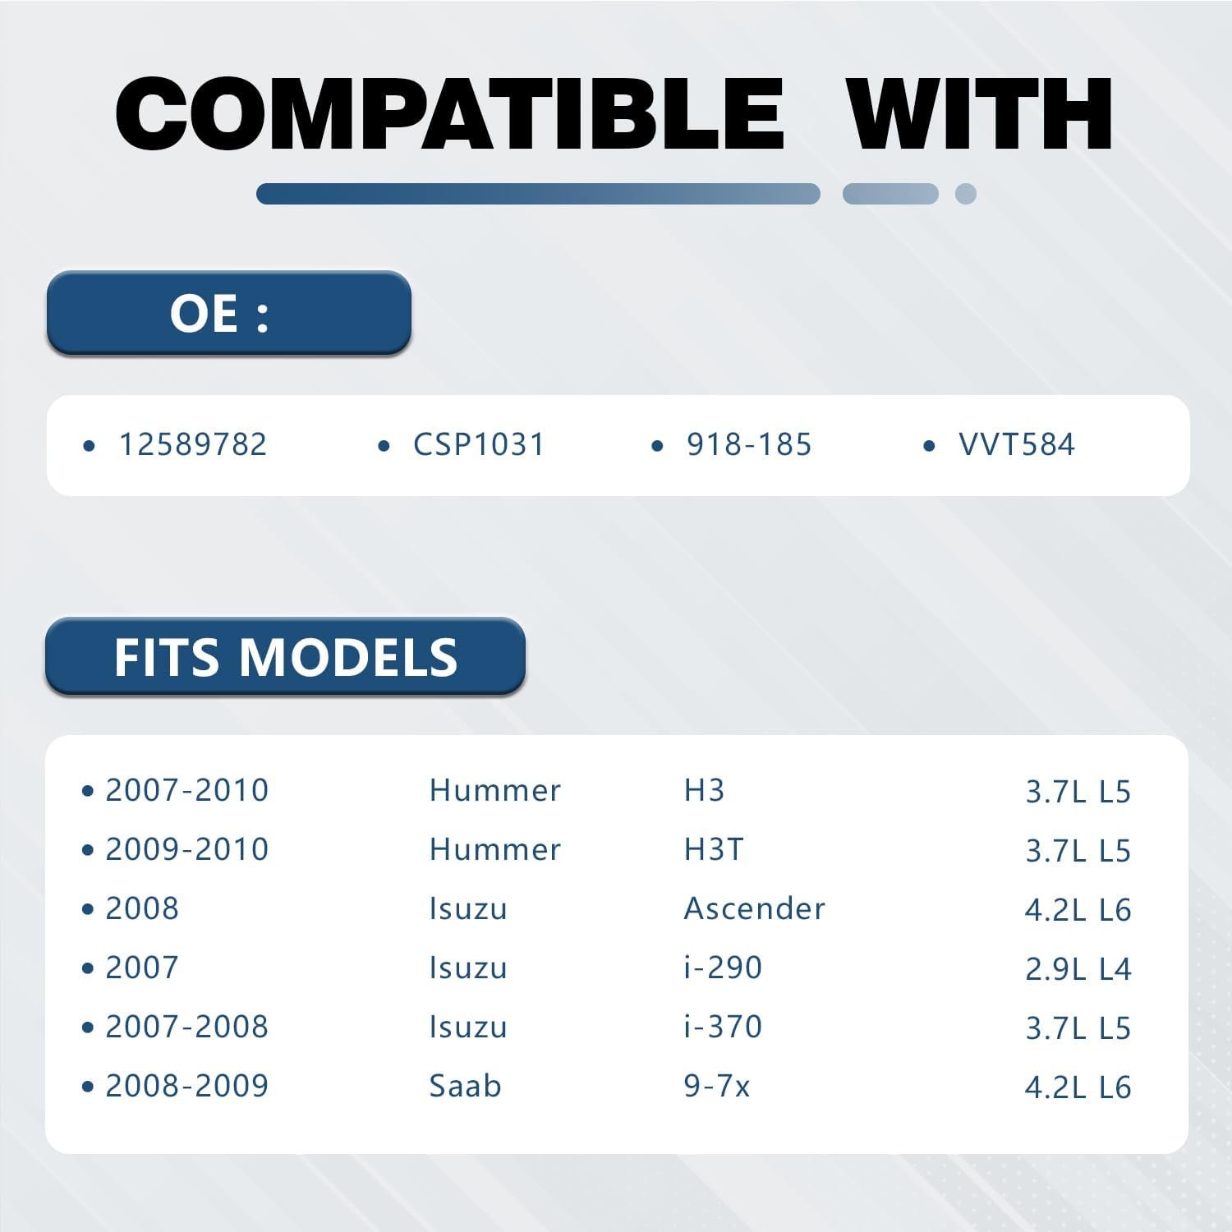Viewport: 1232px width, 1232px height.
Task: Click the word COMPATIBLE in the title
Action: pyautogui.click(x=450, y=113)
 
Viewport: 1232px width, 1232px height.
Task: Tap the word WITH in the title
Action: pyautogui.click(x=979, y=113)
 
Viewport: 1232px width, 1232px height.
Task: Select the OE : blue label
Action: pyautogui.click(x=228, y=313)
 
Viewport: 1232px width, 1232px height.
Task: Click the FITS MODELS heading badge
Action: pyautogui.click(x=285, y=657)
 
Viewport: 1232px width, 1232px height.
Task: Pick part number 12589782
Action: pyautogui.click(x=193, y=445)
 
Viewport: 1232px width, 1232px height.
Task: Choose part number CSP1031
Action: pyautogui.click(x=479, y=445)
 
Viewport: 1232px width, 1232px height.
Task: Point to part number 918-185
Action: pyautogui.click(x=749, y=445)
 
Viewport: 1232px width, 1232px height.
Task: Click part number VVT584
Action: pyautogui.click(x=1017, y=445)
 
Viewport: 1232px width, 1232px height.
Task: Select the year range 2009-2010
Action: pyautogui.click(x=187, y=849)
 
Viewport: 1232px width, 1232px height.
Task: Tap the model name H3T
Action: pyautogui.click(x=714, y=849)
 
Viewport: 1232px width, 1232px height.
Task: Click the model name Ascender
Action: pyautogui.click(x=755, y=908)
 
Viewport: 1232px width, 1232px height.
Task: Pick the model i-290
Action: pyautogui.click(x=723, y=968)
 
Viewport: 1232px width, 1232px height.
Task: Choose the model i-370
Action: pyautogui.click(x=723, y=1027)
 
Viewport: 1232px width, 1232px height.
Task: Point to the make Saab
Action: pyautogui.click(x=465, y=1086)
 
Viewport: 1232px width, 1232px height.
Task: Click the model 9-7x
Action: pyautogui.click(x=717, y=1086)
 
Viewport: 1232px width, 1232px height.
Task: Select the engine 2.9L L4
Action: pyautogui.click(x=1078, y=969)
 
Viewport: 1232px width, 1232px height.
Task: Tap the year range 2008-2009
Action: pyautogui.click(x=187, y=1086)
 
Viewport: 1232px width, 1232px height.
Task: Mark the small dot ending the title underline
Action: pyautogui.click(x=966, y=194)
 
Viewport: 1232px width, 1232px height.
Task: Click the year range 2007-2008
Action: pyautogui.click(x=187, y=1027)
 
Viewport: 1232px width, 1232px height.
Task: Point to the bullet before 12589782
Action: pyautogui.click(x=90, y=446)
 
